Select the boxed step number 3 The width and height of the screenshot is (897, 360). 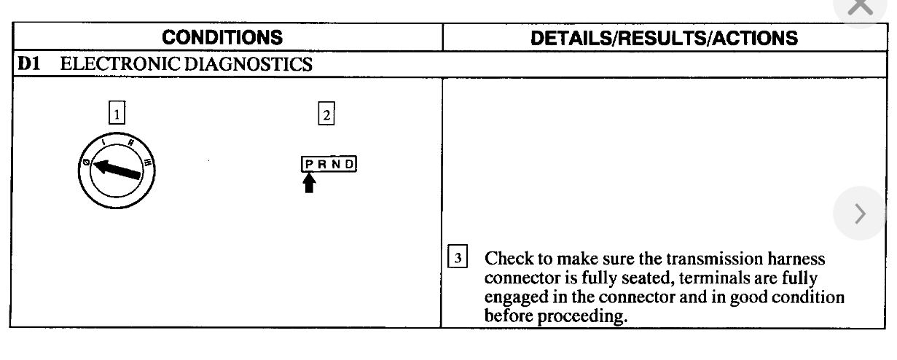point(453,259)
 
